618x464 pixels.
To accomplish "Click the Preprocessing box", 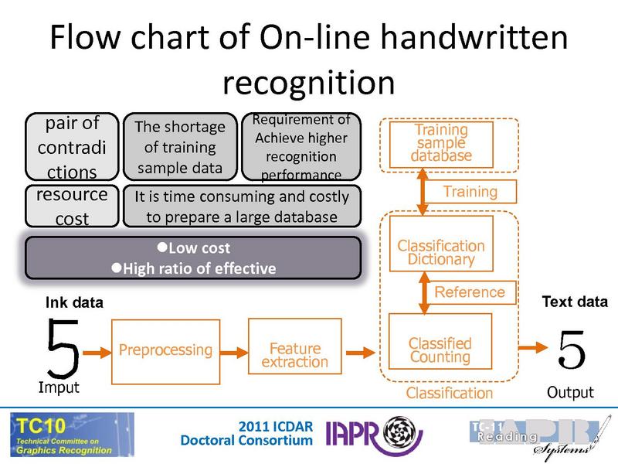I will click(x=165, y=350).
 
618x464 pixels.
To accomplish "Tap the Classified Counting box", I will click(x=439, y=350).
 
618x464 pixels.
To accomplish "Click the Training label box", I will click(x=470, y=191).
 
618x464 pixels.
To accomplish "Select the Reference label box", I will click(x=470, y=292).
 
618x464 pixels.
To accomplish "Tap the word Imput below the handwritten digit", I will click(x=59, y=387).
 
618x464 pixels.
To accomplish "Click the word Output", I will click(x=570, y=392).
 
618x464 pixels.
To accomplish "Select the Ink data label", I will click(x=73, y=302).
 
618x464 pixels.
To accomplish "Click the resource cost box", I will click(x=72, y=206).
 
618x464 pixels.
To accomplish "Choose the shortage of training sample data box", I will click(x=179, y=146).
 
